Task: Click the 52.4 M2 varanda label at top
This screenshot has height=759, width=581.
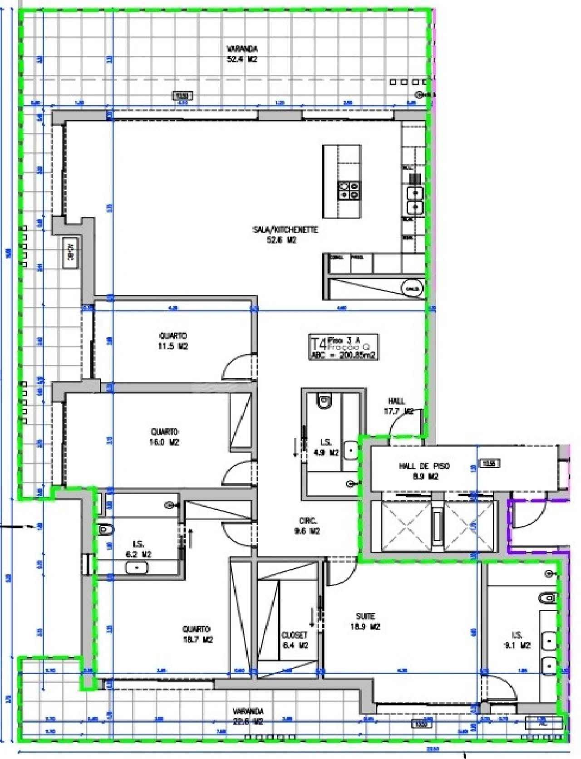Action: point(242,54)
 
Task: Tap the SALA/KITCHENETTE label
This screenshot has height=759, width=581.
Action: point(285,235)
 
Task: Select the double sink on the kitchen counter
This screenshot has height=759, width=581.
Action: point(415,200)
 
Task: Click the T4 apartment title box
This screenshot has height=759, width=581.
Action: point(343,347)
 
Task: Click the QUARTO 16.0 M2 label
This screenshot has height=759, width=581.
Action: point(165,436)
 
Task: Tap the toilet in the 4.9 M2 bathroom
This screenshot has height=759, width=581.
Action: point(324,401)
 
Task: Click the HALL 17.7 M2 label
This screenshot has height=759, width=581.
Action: point(398,406)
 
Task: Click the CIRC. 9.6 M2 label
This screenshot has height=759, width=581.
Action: point(308,526)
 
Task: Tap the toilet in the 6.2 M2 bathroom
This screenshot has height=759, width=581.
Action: point(105,529)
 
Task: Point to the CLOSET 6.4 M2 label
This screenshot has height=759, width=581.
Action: point(295,640)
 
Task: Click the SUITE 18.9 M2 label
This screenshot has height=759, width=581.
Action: point(365,622)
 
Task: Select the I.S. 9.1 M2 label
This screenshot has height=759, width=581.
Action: point(517,640)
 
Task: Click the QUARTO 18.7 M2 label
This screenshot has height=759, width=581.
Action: point(197,634)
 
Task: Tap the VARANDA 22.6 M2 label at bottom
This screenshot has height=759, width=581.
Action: point(248,716)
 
